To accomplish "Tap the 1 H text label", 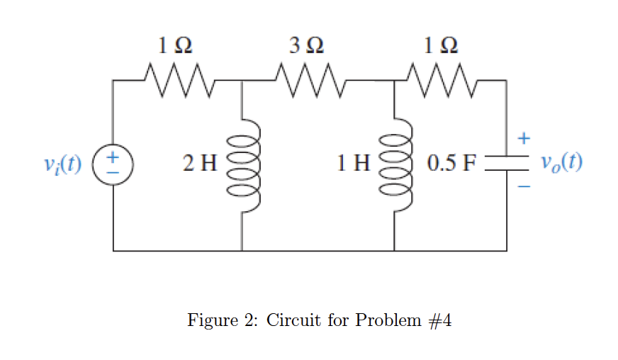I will [354, 165].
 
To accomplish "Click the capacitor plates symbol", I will [506, 164].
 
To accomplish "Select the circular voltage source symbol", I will [113, 164].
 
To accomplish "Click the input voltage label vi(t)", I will [63, 164].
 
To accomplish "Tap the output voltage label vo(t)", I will [561, 163].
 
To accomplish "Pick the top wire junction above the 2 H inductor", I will [242, 81].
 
